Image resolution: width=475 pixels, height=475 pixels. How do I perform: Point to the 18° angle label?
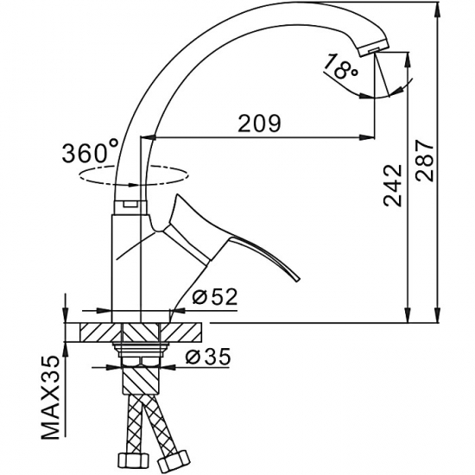pyautogui.click(x=343, y=67)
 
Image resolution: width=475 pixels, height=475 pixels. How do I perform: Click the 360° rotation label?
pyautogui.click(x=91, y=153)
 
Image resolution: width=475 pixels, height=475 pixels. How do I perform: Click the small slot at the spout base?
pyautogui.click(x=129, y=204)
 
